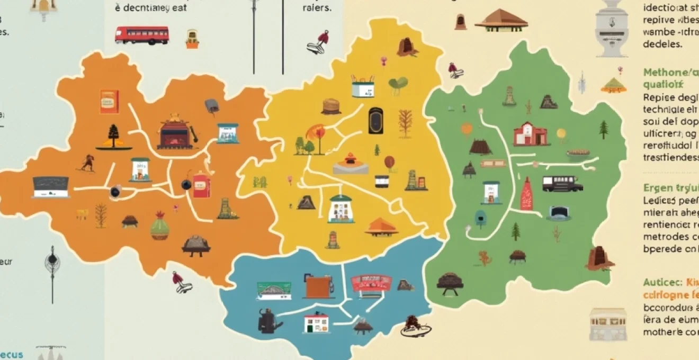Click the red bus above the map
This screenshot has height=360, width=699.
click(x=141, y=35)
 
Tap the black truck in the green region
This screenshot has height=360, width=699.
click(x=562, y=184)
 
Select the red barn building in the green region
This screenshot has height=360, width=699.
click(x=530, y=134)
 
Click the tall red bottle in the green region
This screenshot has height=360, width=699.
click(x=526, y=194)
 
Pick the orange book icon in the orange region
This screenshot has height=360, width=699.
click(x=109, y=102)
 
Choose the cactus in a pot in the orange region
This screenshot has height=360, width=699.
click(x=159, y=227)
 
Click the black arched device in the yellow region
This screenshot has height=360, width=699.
click(x=375, y=121)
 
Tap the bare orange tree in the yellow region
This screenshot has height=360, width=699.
click(x=405, y=123)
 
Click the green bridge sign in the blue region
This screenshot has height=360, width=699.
click(x=274, y=291)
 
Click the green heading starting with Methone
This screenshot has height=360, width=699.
click(x=669, y=73)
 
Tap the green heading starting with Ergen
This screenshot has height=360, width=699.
click(x=670, y=188)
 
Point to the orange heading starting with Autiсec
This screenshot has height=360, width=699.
click(x=670, y=282)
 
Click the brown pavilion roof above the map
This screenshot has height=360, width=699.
click(x=501, y=20)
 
